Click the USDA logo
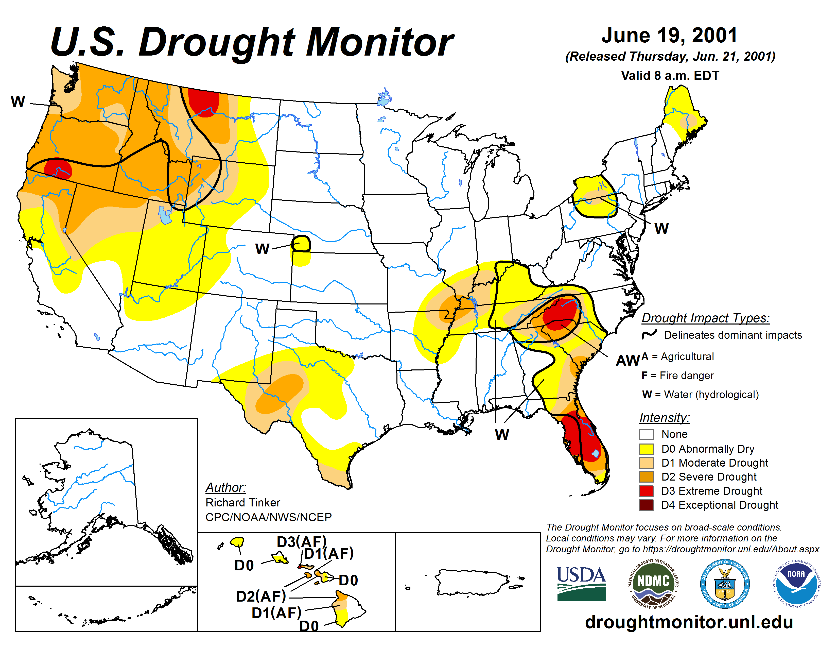[581, 583]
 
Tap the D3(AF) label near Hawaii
[302, 542]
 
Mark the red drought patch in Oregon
[58, 169]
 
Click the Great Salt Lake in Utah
[165, 215]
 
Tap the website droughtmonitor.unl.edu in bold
[689, 622]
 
